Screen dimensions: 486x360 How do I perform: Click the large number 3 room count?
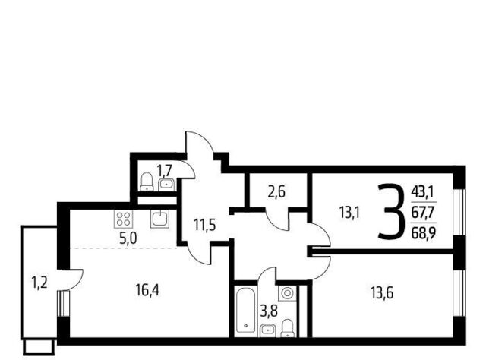[x=392, y=211]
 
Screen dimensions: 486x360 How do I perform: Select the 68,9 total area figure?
[x=424, y=232]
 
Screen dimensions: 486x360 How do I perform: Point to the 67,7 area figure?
[x=424, y=213]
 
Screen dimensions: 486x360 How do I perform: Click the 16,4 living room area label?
[x=147, y=290]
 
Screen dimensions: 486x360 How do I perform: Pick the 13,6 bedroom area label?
[x=382, y=292]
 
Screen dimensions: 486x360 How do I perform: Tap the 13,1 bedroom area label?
[x=349, y=213]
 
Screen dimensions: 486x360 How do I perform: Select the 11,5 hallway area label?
[x=204, y=225]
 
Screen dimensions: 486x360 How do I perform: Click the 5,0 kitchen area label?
[x=128, y=238]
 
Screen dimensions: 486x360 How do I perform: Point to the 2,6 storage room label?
[x=276, y=193]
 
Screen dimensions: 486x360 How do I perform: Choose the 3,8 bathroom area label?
[x=269, y=311]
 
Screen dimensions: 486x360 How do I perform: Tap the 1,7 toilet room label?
[x=164, y=170]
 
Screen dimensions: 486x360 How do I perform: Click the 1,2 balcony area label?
[x=39, y=283]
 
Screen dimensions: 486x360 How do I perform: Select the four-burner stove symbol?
[x=124, y=218]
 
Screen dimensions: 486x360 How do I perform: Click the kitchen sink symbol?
[x=160, y=219]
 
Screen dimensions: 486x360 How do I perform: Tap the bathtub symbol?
[x=245, y=311]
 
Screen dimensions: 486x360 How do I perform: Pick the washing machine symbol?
[x=287, y=293]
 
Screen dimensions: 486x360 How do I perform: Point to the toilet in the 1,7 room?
[x=147, y=182]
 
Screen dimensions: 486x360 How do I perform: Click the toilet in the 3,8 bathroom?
[x=288, y=328]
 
